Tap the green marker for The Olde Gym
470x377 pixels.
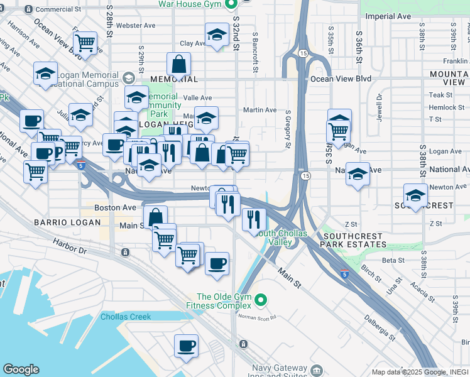tap(263, 298)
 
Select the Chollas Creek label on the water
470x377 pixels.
tap(126, 317)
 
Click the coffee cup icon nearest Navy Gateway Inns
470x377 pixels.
tap(186, 345)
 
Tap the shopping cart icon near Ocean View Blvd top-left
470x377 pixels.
tap(85, 43)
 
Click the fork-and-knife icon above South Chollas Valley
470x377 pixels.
tap(254, 219)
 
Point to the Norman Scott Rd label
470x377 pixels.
tap(258, 317)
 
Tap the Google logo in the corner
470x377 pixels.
tap(21, 369)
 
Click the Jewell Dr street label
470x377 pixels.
tap(380, 107)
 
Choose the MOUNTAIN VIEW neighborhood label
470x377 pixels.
tap(447, 78)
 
